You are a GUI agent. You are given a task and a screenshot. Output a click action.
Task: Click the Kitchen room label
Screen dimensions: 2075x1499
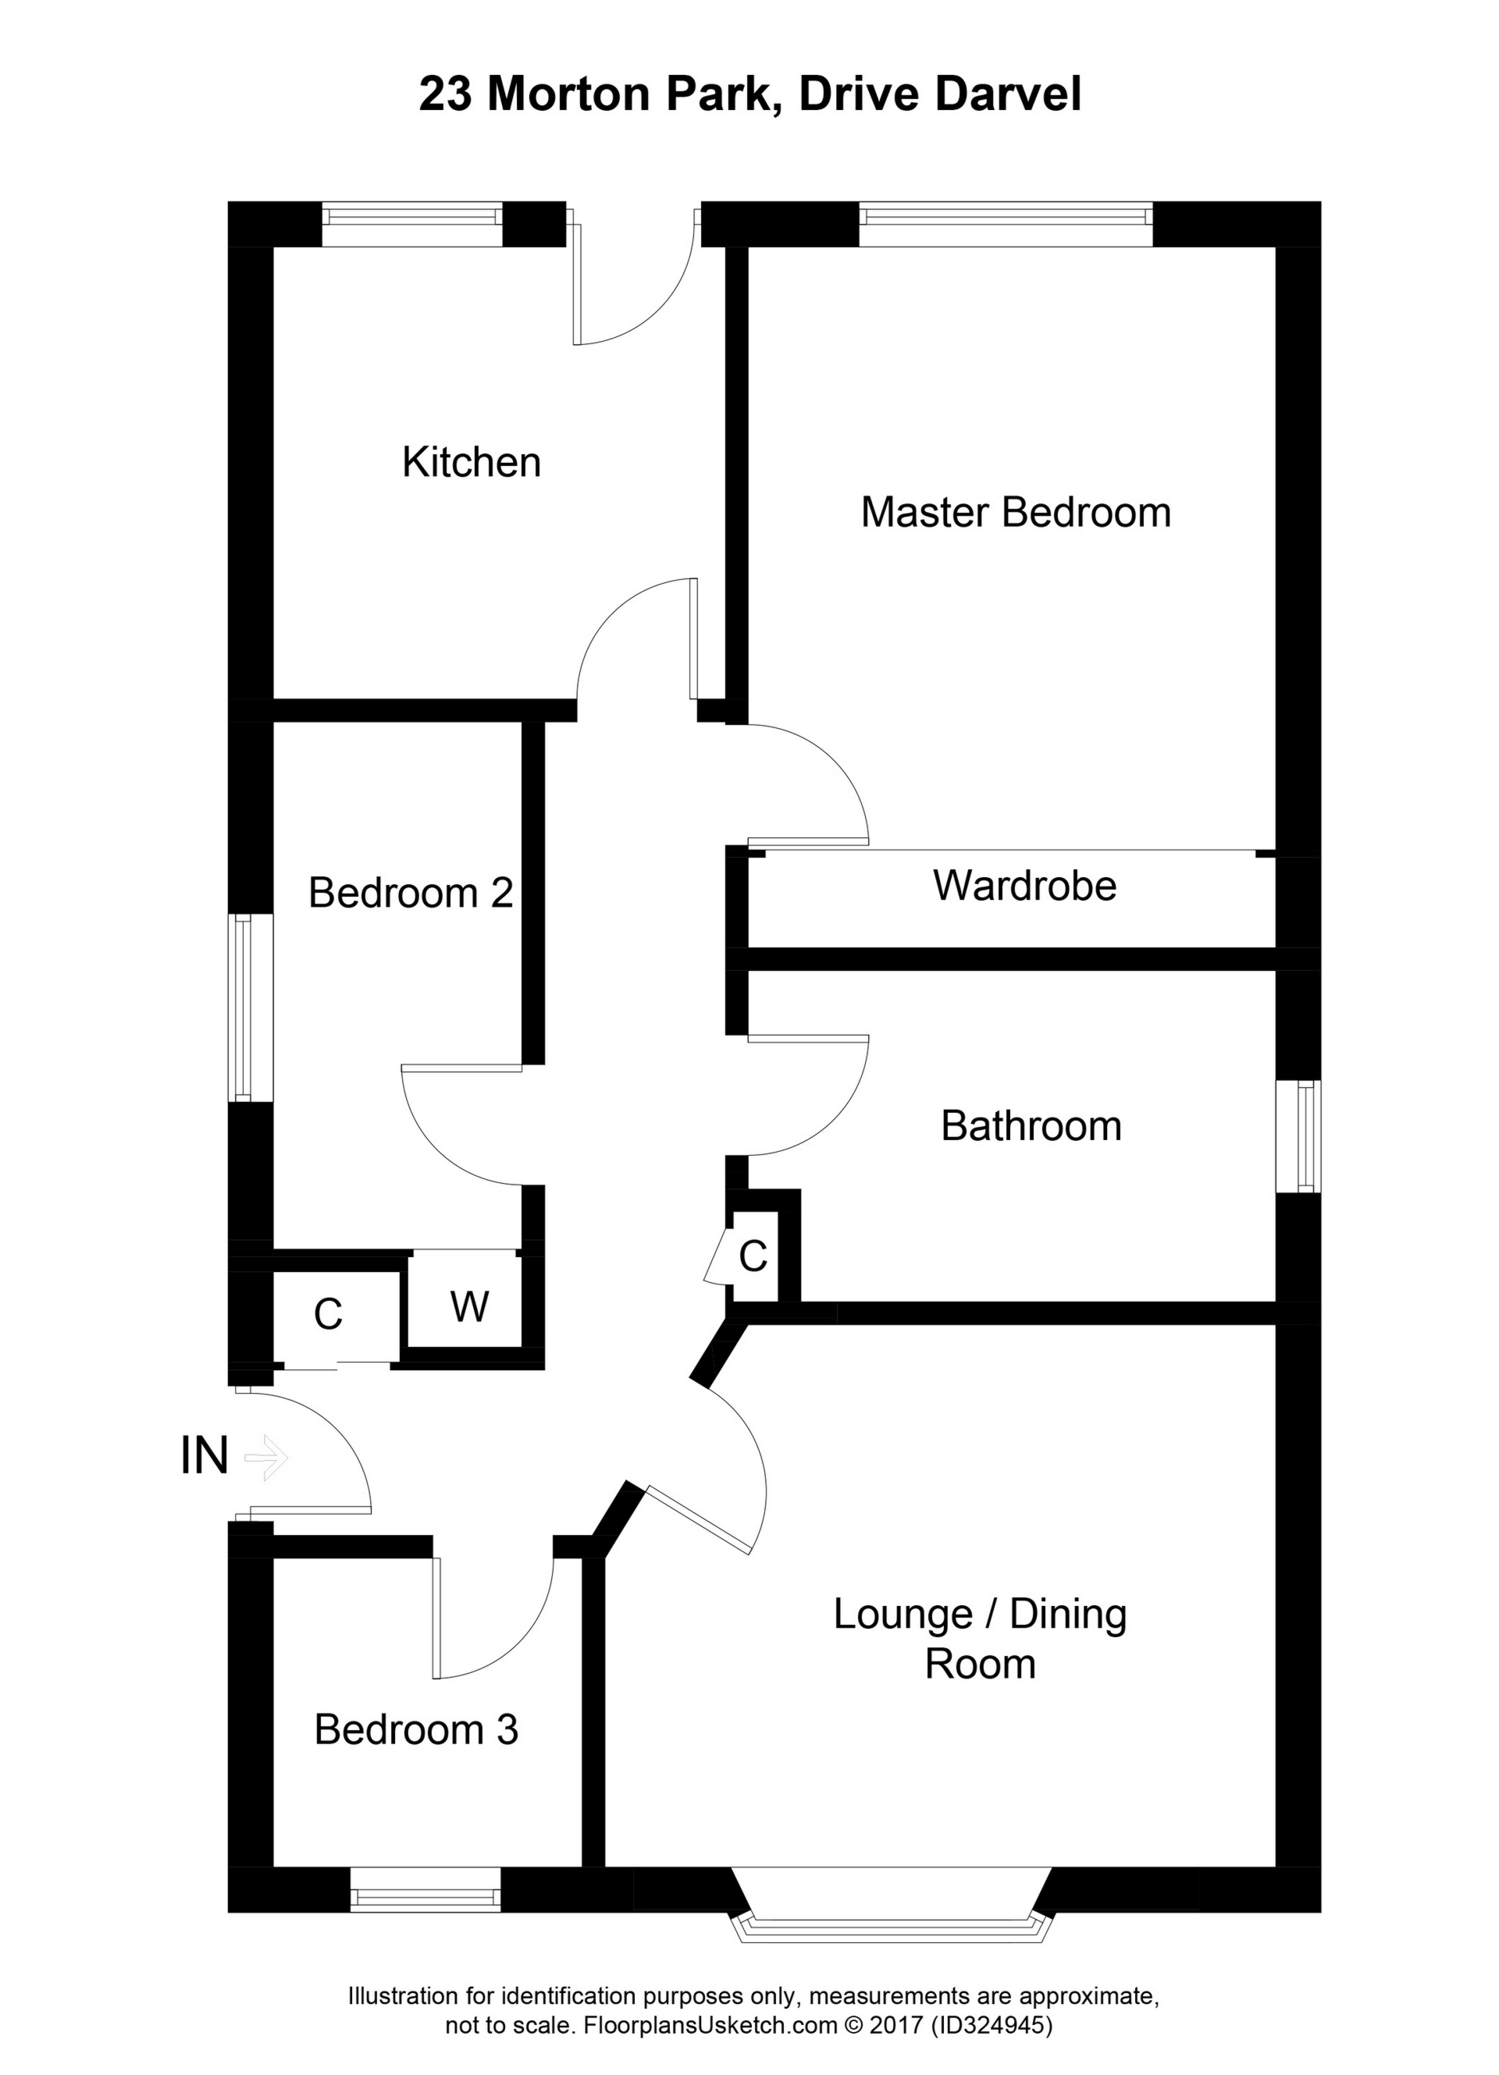472,462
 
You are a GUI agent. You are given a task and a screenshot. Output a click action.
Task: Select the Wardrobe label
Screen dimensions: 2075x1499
1024,886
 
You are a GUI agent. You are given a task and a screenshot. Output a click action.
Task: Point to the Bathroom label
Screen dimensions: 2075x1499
1031,1126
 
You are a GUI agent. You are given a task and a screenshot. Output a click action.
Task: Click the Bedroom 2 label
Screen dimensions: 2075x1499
410,892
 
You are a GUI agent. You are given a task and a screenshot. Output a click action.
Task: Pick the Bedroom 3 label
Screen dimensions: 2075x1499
415,1729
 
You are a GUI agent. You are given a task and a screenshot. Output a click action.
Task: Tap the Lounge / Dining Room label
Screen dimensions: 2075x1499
979,1639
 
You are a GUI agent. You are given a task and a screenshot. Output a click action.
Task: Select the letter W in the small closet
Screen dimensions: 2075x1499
468,1306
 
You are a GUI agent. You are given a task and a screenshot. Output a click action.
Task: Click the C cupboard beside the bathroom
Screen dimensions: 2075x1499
753,1256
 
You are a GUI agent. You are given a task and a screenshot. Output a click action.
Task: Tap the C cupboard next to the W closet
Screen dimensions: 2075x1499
328,1314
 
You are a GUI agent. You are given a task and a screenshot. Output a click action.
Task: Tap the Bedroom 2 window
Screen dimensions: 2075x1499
243,1007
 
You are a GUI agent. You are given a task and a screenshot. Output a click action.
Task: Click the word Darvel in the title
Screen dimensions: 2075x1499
1009,94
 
